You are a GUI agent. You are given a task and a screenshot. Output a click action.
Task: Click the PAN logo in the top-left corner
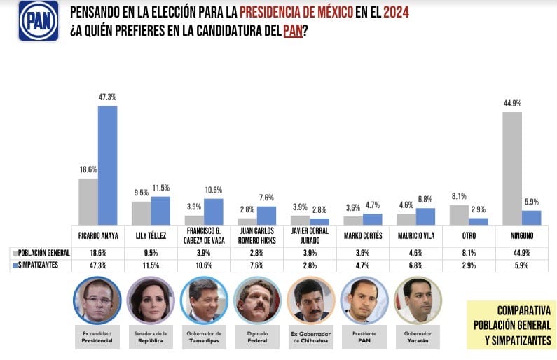click(38, 20)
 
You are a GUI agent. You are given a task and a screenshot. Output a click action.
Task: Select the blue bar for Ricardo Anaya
click(107, 165)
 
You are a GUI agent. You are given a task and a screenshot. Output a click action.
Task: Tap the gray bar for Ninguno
click(512, 168)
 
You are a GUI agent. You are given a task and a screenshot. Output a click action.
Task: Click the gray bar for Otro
click(459, 214)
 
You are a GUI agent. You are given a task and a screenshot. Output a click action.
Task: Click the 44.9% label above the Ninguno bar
click(512, 103)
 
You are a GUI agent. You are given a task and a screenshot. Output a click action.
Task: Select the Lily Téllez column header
click(151, 235)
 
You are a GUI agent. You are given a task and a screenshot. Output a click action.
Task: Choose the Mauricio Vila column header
click(416, 235)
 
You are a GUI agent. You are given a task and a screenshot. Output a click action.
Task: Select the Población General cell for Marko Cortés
click(363, 251)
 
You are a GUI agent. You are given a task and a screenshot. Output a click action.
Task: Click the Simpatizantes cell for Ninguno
click(522, 265)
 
